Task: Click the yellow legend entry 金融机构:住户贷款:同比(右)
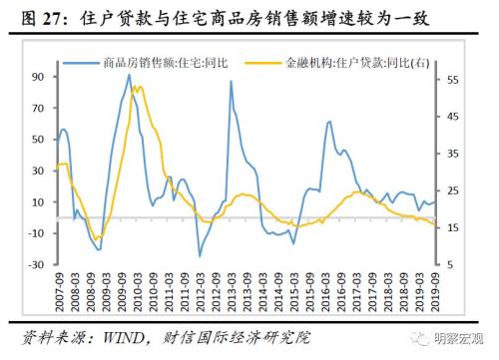pyautogui.click(x=338, y=60)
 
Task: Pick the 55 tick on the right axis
pyautogui.click(x=452, y=80)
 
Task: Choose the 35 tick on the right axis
pyautogui.click(x=452, y=154)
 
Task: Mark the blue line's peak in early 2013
pyautogui.click(x=231, y=82)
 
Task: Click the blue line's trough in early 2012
pyautogui.click(x=200, y=256)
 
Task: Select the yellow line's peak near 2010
pyautogui.click(x=137, y=87)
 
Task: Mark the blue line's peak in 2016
pyautogui.click(x=329, y=121)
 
